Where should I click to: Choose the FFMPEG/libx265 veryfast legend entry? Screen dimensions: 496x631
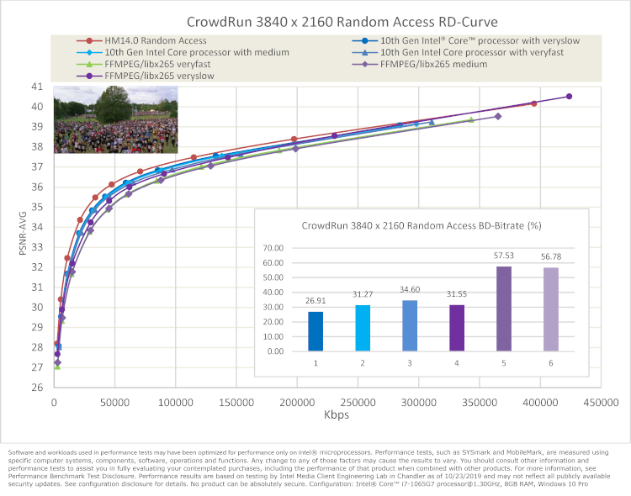pyautogui.click(x=159, y=64)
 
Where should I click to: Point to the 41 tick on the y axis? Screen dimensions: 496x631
pyautogui.click(x=36, y=87)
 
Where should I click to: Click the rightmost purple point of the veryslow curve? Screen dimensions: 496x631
pyautogui.click(x=569, y=97)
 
